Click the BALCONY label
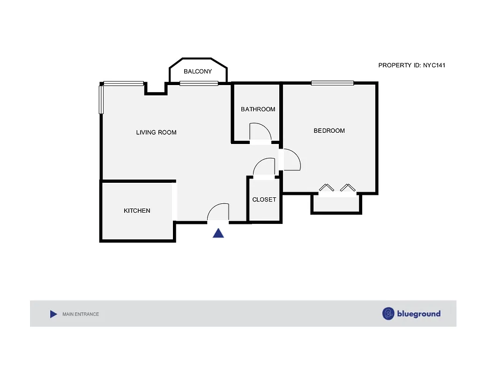pyautogui.click(x=198, y=72)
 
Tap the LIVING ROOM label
pyautogui.click(x=156, y=132)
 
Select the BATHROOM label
pyautogui.click(x=258, y=109)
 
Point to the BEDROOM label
pyautogui.click(x=329, y=131)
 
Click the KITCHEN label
pyautogui.click(x=137, y=211)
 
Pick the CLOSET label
pyautogui.click(x=264, y=200)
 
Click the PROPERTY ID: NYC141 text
pyautogui.click(x=411, y=65)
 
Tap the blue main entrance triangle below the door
pyautogui.click(x=218, y=233)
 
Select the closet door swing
pyautogui.click(x=263, y=167)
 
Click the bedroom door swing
pyautogui.click(x=291, y=160)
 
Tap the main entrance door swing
pyautogui.click(x=218, y=212)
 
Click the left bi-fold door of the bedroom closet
pyautogui.click(x=327, y=188)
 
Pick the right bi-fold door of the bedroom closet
pyautogui.click(x=348, y=188)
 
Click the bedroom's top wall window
pyautogui.click(x=332, y=83)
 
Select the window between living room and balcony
pyautogui.click(x=199, y=84)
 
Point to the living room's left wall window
pyautogui.click(x=101, y=99)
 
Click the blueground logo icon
pyautogui.click(x=388, y=314)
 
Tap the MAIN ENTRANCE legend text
pyautogui.click(x=81, y=314)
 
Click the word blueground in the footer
pyautogui.click(x=418, y=314)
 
